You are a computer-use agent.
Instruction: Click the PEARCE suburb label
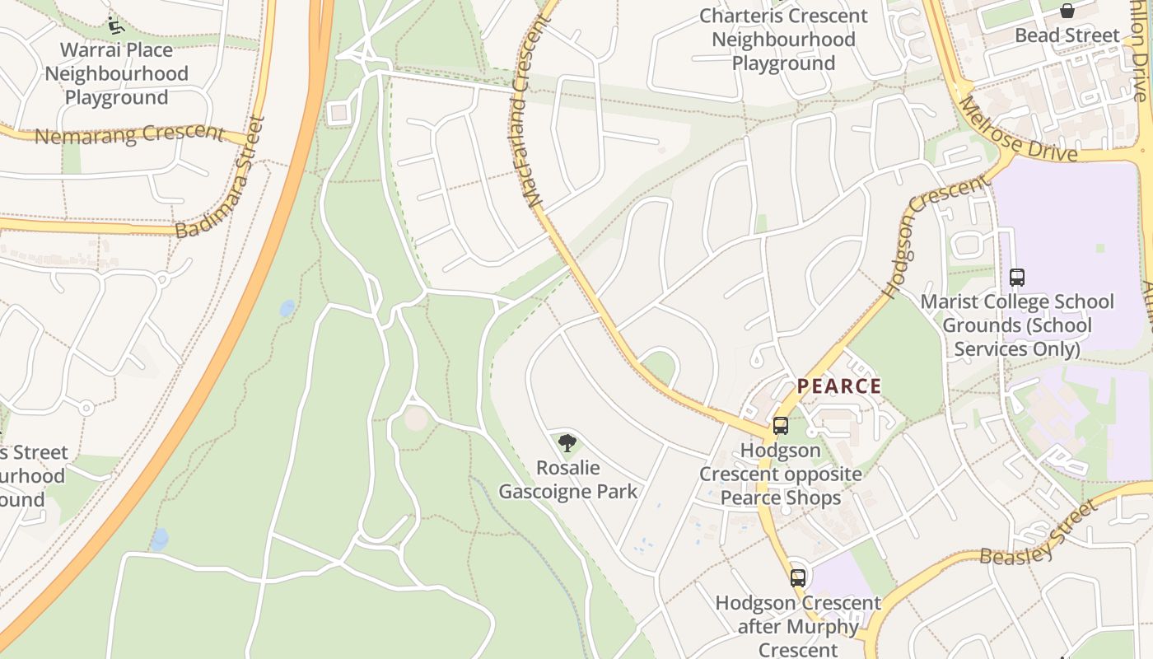839,386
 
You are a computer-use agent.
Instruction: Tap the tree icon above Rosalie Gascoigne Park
567,443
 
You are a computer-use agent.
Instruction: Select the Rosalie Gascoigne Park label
568,479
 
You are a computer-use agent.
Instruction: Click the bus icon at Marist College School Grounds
1017,278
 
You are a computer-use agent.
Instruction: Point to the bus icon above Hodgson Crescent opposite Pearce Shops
780,426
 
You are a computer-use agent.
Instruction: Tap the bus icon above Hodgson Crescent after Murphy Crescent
797,577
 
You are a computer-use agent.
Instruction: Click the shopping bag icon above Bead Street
1067,11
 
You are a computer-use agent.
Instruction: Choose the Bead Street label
1067,35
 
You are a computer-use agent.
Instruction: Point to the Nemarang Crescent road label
129,133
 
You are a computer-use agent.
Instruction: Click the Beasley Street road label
1038,534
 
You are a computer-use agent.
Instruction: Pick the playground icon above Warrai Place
116,26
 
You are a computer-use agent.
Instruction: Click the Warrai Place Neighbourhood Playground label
116,73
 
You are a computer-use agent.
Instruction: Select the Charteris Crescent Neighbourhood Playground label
783,39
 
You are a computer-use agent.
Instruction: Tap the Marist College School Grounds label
1017,325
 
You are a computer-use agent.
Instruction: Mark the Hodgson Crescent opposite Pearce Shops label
780,474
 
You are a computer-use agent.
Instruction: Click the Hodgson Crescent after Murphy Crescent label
797,626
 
